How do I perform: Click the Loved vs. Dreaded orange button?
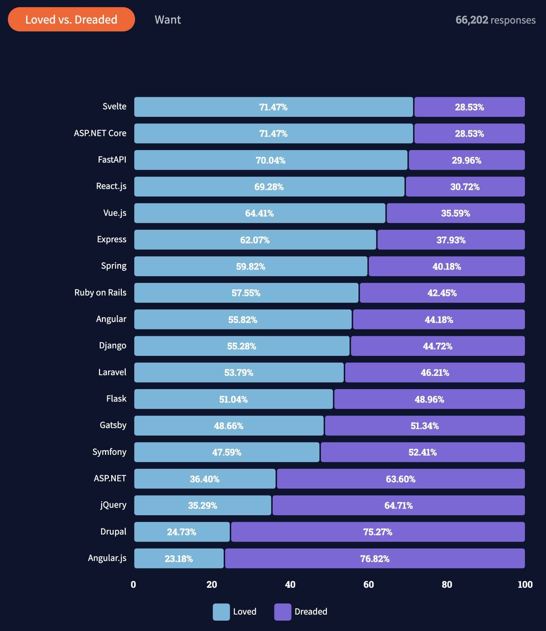71,19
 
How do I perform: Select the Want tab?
168,19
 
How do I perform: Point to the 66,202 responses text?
495,20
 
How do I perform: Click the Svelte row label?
114,106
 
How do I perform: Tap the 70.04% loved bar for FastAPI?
270,160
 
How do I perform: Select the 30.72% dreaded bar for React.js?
465,187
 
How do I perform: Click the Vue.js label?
115,213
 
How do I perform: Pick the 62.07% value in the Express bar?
255,240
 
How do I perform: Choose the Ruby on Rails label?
100,293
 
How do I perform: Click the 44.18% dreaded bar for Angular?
439,319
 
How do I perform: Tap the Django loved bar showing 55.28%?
242,346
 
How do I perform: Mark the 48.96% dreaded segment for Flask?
429,399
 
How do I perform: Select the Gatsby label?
113,425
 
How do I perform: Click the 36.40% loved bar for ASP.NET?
204,479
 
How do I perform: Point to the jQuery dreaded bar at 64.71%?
398,505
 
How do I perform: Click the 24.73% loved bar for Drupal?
182,532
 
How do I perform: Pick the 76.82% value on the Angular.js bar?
375,558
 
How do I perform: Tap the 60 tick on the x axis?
368,585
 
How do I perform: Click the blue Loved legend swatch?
221,612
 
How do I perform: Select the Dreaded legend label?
311,612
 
